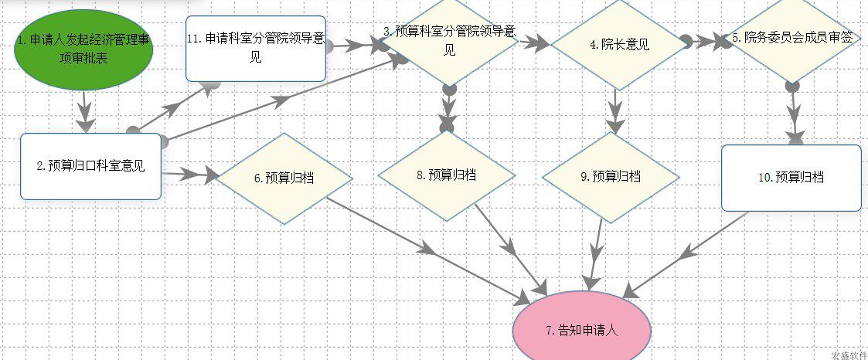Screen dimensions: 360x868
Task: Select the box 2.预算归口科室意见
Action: pos(90,165)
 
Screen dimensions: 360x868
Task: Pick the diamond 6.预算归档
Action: pos(284,178)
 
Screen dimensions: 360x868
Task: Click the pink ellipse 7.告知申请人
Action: pos(582,330)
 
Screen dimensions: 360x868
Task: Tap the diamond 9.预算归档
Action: pos(611,176)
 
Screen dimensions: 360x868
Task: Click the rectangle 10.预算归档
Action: pos(791,178)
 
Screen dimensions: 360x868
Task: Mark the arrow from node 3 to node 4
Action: pos(534,43)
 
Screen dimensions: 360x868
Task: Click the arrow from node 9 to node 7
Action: pos(597,251)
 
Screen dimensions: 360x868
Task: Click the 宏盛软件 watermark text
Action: pos(848,355)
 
